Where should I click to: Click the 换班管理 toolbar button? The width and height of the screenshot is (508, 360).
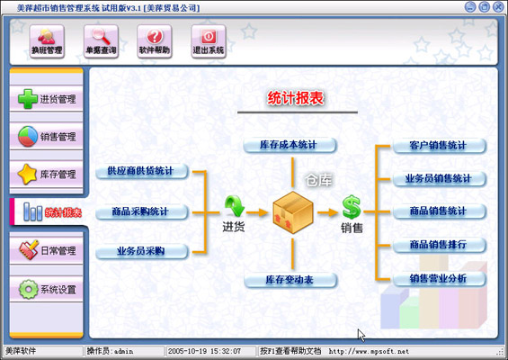point(47,40)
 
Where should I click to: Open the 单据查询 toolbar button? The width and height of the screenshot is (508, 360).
point(101,40)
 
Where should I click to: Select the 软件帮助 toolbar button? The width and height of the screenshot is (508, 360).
point(155,40)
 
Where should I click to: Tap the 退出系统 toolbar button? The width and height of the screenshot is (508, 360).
point(209,40)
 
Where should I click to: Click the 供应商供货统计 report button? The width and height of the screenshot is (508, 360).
point(141,171)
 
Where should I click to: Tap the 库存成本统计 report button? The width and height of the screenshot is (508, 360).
point(290,145)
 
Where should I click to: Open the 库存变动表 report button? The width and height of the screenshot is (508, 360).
point(290,281)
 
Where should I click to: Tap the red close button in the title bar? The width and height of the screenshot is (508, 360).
point(496,7)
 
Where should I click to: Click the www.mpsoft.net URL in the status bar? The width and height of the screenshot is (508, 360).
point(369,351)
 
